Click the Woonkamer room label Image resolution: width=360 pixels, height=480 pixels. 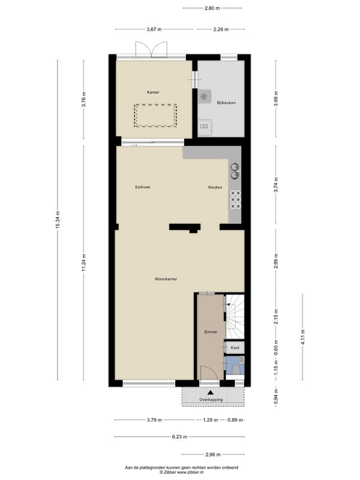point(166,279)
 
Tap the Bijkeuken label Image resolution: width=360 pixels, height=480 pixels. point(226,103)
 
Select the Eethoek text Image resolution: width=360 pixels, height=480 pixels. point(143,187)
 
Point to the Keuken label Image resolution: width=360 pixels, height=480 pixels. point(215,187)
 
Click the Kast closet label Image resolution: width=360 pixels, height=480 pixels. point(235,347)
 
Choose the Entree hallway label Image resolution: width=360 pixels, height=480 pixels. point(211,332)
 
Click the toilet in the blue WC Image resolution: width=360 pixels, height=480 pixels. point(236,370)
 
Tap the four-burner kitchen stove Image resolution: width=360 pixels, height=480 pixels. point(235,200)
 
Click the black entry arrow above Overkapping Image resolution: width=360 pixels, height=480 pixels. point(211,392)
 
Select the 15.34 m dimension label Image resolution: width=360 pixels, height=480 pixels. point(58,220)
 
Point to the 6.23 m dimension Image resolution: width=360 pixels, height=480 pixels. point(179,437)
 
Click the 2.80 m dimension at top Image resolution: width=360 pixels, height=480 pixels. point(212,8)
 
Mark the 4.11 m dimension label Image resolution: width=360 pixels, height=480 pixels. point(303,337)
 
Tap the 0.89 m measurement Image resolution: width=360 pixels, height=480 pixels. point(235,420)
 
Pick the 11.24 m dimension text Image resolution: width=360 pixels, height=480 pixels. point(84,263)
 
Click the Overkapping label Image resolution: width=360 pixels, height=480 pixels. point(211,400)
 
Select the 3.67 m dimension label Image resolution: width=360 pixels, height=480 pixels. point(154,29)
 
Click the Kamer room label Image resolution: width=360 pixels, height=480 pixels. point(153,92)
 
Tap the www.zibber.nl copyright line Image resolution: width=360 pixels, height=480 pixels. point(182,472)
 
